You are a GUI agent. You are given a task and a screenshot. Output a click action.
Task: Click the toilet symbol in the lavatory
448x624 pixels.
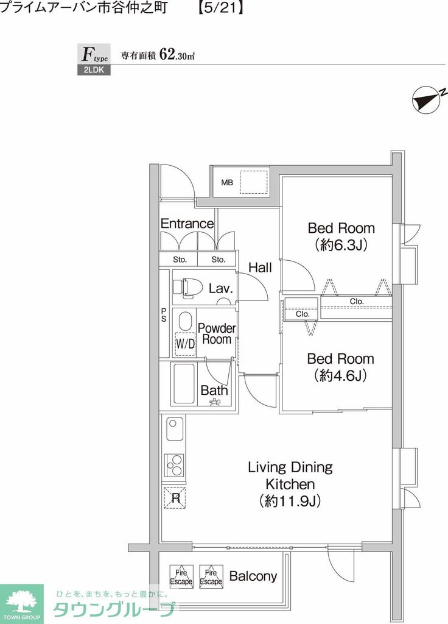coord(187,288)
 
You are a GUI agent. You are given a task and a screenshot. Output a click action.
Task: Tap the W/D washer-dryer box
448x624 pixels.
coord(185,344)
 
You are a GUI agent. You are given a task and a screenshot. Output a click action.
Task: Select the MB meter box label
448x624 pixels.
coord(227,183)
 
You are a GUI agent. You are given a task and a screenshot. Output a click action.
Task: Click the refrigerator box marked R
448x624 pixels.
coord(175,497)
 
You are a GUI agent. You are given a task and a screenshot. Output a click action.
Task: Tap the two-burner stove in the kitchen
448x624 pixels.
coord(173,465)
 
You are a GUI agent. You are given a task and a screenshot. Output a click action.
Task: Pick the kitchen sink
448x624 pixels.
coord(175,428)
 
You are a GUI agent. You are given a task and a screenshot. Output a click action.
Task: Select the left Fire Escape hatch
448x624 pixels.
coord(181,576)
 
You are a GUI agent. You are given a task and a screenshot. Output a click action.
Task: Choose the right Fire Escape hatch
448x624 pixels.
coord(211,576)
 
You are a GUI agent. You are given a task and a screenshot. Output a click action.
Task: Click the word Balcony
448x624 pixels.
coord(253,576)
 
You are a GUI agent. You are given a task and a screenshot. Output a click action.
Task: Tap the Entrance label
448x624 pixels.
coord(187,224)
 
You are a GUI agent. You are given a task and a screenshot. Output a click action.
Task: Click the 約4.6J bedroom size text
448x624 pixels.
coord(341,375)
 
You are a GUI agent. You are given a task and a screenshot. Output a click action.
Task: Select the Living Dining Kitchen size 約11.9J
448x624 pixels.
coord(290,501)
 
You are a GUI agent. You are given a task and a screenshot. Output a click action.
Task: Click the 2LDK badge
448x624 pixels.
coord(94,70)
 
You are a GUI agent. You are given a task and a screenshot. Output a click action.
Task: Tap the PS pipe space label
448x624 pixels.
coord(164,315)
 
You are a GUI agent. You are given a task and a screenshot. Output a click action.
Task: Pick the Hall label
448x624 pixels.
coord(261,268)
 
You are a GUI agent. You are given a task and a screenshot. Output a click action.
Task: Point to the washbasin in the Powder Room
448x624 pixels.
coord(185,321)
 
